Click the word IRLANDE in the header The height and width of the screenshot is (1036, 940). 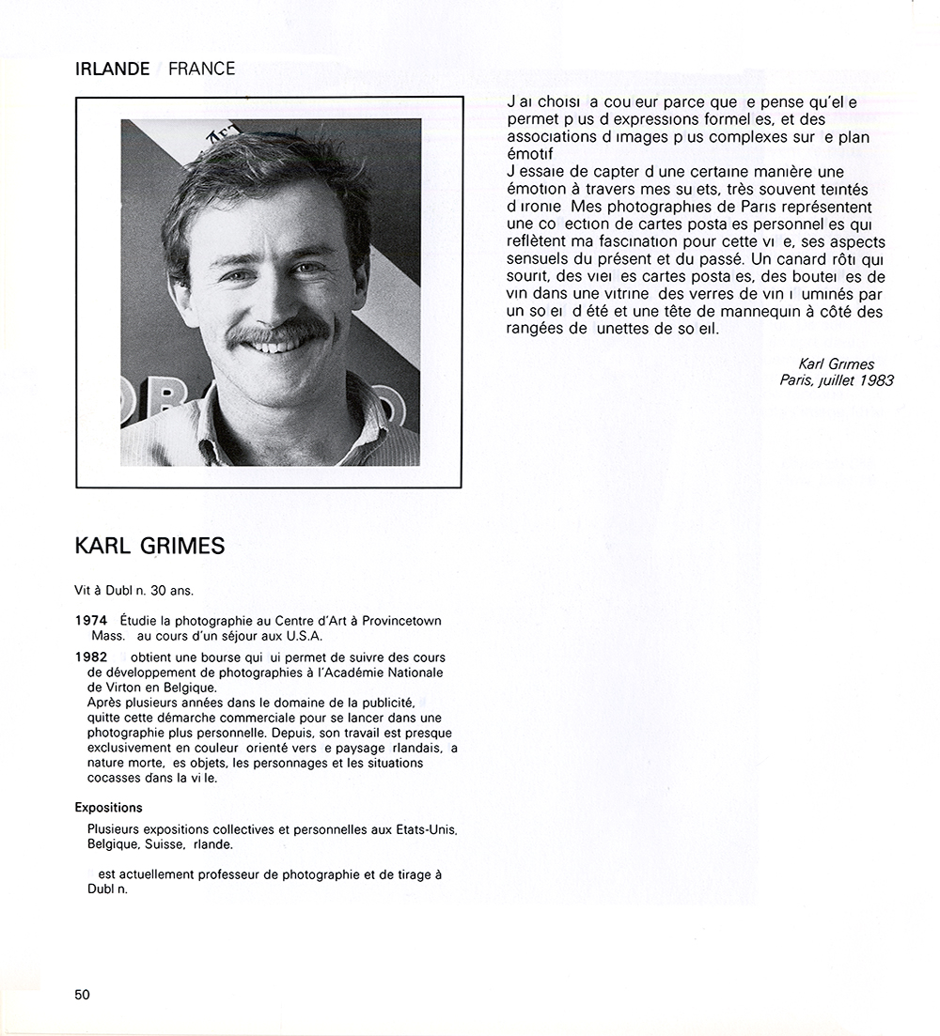(x=112, y=69)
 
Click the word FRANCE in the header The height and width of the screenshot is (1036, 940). (x=201, y=69)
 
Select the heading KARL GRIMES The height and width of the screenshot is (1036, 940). (x=149, y=547)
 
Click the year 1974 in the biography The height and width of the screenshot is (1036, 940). (x=91, y=621)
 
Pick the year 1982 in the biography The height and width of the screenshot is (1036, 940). (x=91, y=657)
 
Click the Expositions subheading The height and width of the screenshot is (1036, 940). (x=108, y=808)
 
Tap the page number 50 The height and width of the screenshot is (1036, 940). (x=83, y=995)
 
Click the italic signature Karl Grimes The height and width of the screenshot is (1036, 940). (x=836, y=364)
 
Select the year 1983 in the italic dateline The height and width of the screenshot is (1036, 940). (x=875, y=380)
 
